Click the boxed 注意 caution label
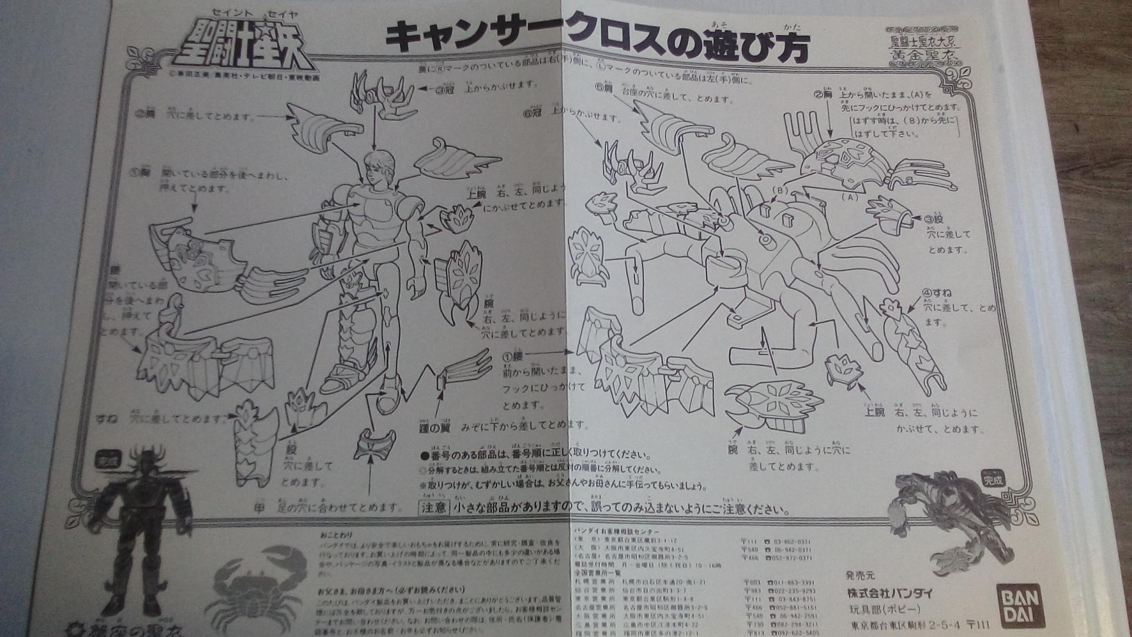pyautogui.click(x=434, y=507)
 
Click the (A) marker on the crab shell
pyautogui.click(x=850, y=196)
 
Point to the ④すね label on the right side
pyautogui.click(x=937, y=293)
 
